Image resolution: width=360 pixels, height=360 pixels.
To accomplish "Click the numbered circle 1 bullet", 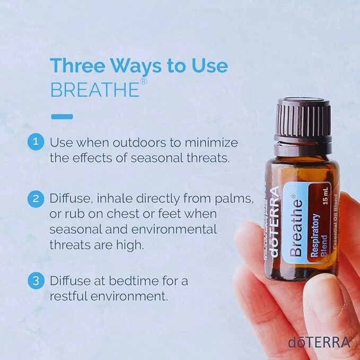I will coord(36,142).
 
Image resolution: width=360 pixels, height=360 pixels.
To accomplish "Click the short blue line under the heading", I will coord(62,116).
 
